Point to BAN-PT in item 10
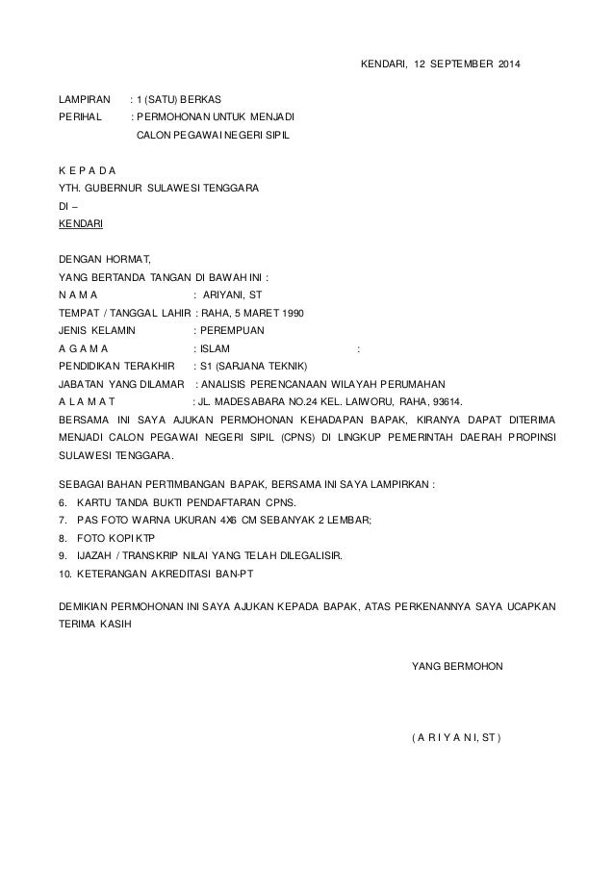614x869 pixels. [x=248, y=575]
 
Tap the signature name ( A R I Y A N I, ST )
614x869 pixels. [x=456, y=738]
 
